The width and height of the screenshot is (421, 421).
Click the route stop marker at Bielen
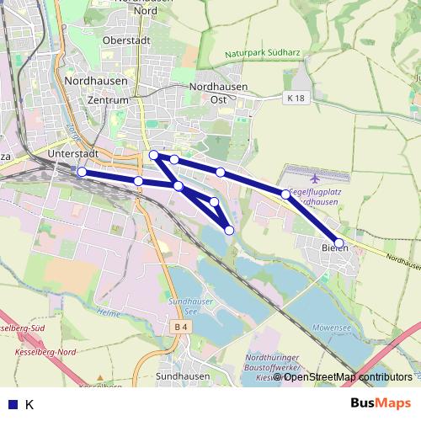click(x=339, y=243)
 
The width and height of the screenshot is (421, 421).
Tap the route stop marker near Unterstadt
click(x=82, y=172)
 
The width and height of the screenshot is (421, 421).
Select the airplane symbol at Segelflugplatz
click(x=315, y=179)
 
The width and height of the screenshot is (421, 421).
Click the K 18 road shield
click(x=294, y=99)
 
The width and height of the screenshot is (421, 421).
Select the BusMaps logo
click(x=381, y=403)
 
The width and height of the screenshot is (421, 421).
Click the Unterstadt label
click(x=74, y=155)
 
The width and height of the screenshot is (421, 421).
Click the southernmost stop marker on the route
click(x=229, y=230)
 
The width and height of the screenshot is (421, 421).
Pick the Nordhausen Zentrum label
click(x=96, y=90)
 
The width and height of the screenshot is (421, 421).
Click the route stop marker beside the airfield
click(x=285, y=195)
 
